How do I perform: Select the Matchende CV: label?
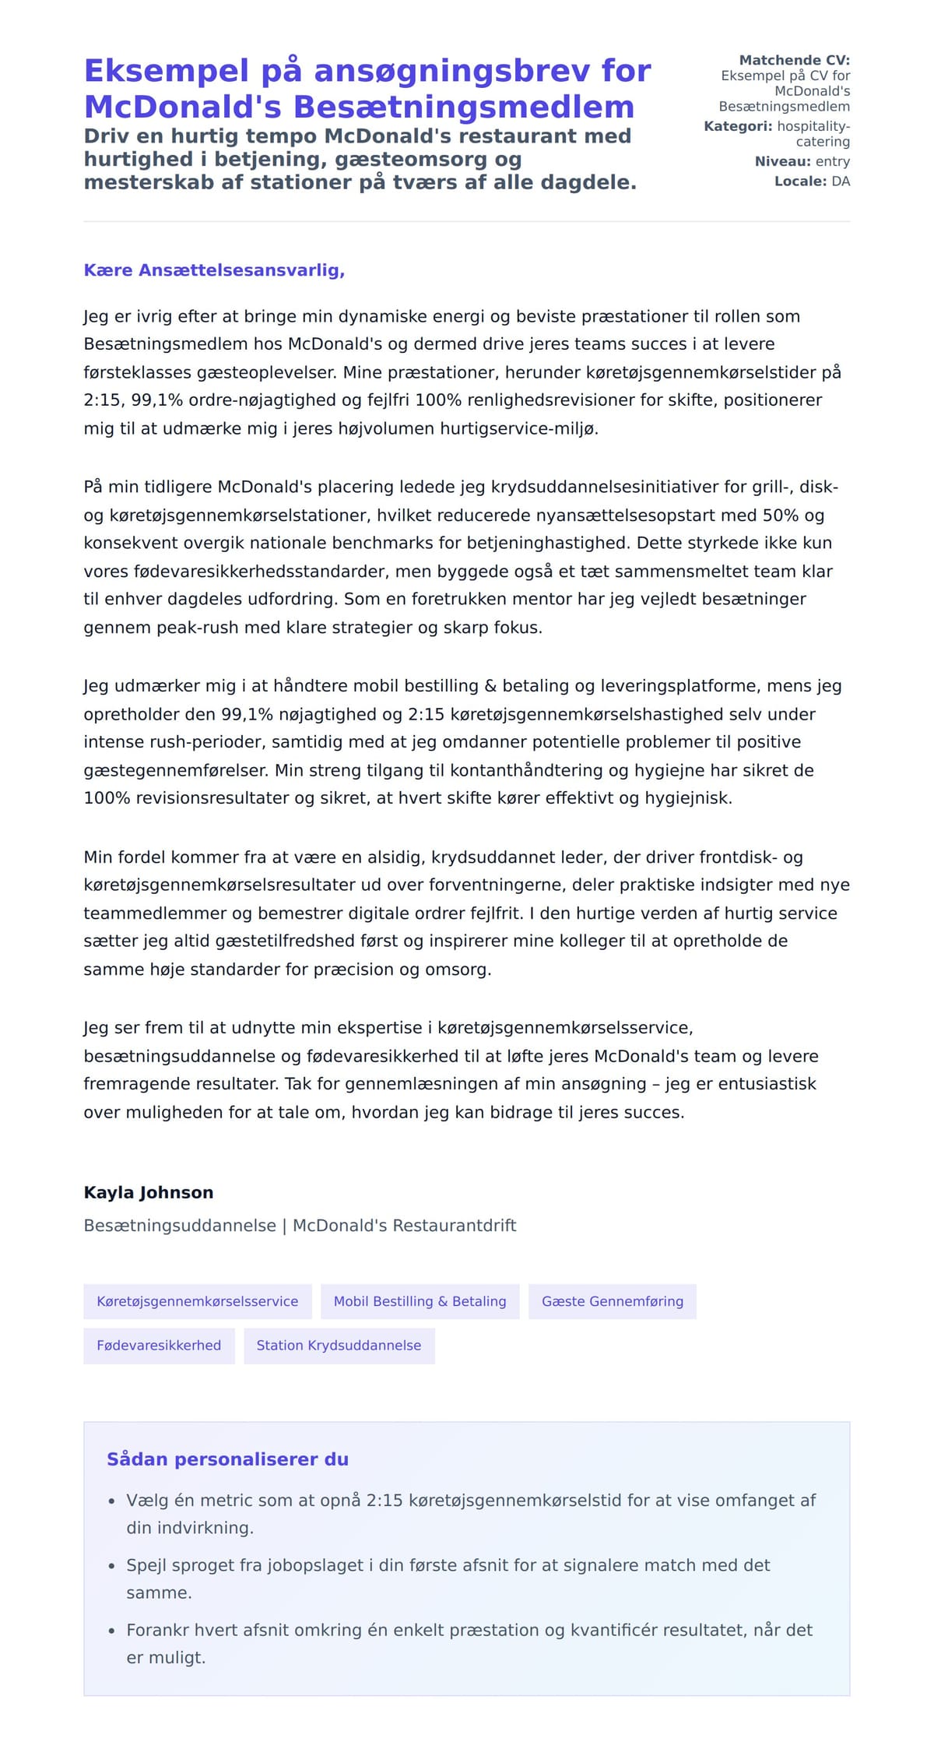click(x=794, y=60)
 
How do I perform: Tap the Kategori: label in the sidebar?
click(x=738, y=126)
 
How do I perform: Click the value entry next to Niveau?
click(x=832, y=161)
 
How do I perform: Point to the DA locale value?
click(x=841, y=181)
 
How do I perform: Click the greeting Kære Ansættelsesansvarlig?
click(x=214, y=270)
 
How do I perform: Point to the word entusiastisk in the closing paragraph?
click(x=769, y=1083)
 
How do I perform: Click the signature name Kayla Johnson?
click(x=149, y=1192)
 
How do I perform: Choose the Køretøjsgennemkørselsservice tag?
click(x=198, y=1301)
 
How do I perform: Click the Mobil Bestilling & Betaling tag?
click(x=420, y=1301)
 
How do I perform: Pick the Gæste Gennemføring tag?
click(x=613, y=1301)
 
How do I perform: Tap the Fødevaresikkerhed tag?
click(x=159, y=1345)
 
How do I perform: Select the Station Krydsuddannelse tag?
click(x=339, y=1345)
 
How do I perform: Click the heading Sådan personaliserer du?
click(x=227, y=1459)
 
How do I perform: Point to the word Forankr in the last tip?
click(x=158, y=1629)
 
